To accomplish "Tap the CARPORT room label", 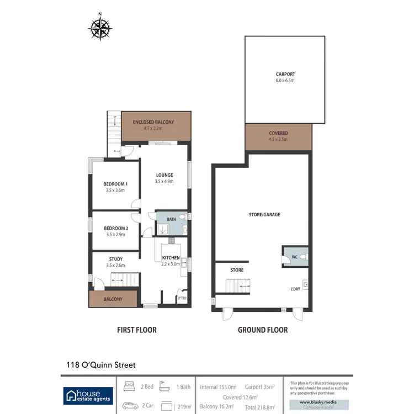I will click(285, 74).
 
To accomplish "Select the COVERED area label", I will click(278, 133).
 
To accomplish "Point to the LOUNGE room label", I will click(164, 175).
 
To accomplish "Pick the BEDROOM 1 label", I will click(115, 184).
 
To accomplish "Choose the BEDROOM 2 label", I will click(115, 229).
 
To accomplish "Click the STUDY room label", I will click(115, 259).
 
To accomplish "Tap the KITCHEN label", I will click(171, 258).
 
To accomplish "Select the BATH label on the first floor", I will click(172, 219).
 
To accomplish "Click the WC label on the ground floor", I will click(294, 257).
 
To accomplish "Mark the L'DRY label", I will click(295, 289).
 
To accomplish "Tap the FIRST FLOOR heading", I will click(136, 330).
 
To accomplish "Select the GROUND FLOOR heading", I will click(263, 330).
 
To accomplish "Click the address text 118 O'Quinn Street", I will click(98, 364).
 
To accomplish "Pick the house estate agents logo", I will click(88, 394).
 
